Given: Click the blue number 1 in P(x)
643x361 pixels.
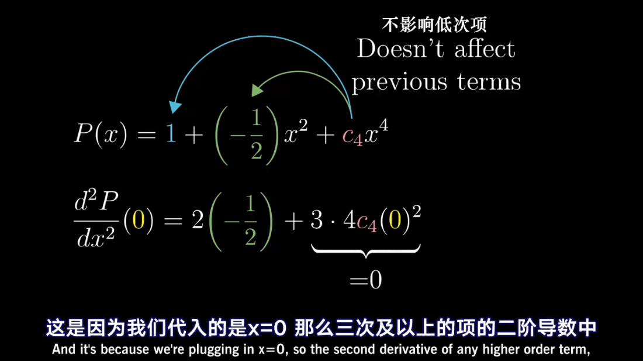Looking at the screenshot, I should click(170, 136).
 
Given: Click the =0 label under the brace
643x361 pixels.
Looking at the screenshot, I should click(366, 280).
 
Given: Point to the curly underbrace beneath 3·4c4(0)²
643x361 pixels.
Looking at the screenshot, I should click(366, 251).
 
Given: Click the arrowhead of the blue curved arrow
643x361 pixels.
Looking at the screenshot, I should click(175, 107).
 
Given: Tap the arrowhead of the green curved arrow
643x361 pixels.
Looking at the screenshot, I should click(256, 90).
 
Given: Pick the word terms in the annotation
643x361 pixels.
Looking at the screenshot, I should click(489, 81).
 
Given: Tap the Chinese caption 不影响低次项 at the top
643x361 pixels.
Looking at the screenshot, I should click(434, 25).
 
